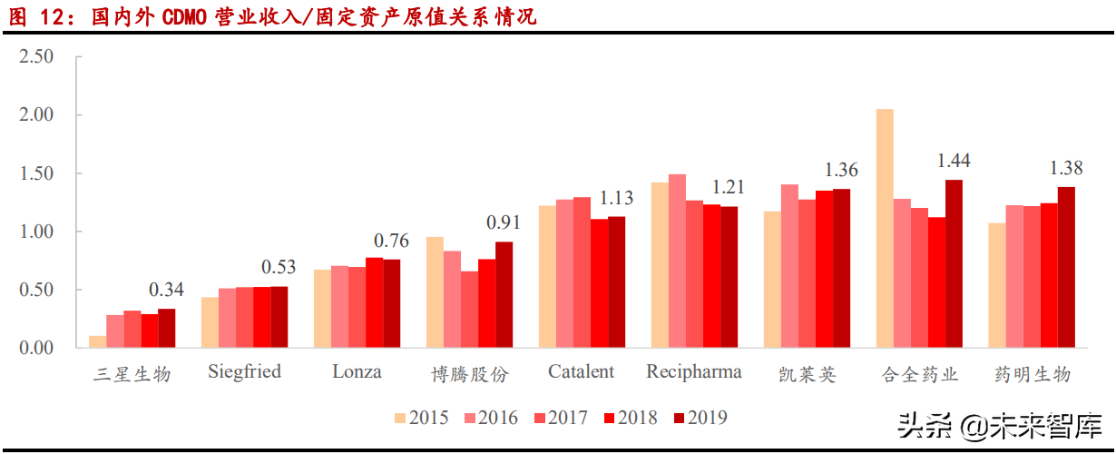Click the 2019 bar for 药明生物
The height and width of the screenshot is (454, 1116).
(x=1066, y=268)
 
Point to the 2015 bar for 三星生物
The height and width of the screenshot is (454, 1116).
(x=97, y=342)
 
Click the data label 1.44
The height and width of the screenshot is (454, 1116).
(x=954, y=161)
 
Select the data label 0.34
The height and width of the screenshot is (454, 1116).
(x=166, y=290)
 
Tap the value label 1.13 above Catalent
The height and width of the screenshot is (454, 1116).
(x=616, y=198)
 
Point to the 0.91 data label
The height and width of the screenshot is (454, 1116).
(x=504, y=222)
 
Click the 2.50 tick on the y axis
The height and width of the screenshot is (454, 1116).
(x=37, y=56)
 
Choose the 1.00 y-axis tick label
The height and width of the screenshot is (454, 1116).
(x=37, y=232)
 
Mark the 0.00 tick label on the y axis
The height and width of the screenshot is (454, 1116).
(x=37, y=349)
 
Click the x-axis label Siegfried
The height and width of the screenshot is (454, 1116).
(x=244, y=371)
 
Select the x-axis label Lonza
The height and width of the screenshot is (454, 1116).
(x=357, y=371)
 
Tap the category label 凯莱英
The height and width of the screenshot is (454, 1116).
(x=807, y=374)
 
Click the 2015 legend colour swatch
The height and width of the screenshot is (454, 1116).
(x=400, y=419)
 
